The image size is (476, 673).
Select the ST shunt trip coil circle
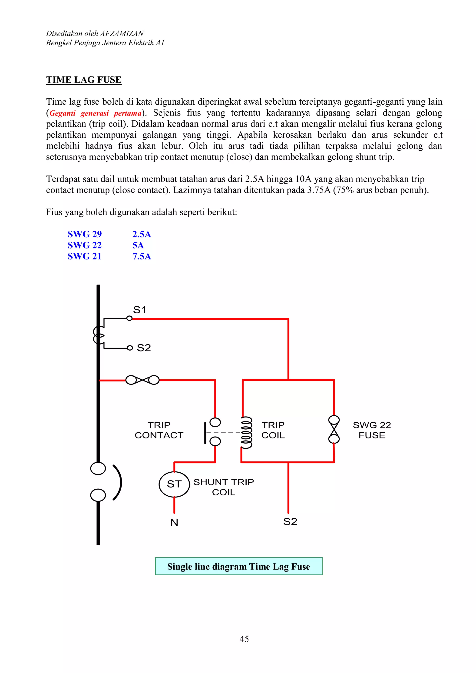pos(174,484)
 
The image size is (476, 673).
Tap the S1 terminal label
pos(139,310)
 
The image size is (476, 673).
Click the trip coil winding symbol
pos(246,433)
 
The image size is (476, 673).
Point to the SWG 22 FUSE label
pos(372,430)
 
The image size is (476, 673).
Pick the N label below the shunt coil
pos(174,522)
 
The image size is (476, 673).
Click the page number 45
pos(244,639)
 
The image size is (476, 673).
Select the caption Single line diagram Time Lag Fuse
pos(239,566)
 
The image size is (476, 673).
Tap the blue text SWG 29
pos(84,234)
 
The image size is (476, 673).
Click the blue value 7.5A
pos(142,256)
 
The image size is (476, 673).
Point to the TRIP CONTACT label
pos(159,430)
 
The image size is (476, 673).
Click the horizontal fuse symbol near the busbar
pos(142,380)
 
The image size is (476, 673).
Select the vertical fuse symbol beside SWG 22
pos(334,429)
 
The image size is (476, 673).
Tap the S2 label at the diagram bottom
pos(290,521)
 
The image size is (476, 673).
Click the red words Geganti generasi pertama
pos(96,113)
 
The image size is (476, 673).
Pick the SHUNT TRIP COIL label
pos(224,487)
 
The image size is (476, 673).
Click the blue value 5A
pos(138,245)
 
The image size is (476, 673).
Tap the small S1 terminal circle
pos(129,318)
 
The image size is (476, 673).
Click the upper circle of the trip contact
pos(215,422)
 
